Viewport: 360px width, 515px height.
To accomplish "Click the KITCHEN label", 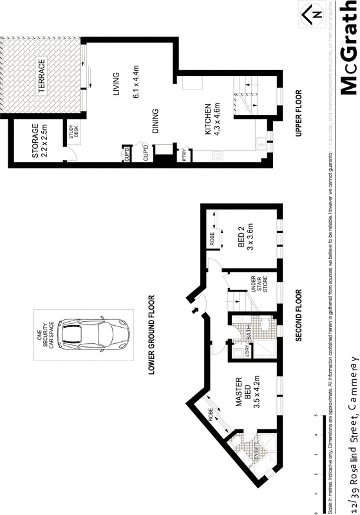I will pos(208,120).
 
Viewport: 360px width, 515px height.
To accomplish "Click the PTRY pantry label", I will pos(184,155).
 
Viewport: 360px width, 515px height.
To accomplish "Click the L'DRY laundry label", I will pos(247,353).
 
